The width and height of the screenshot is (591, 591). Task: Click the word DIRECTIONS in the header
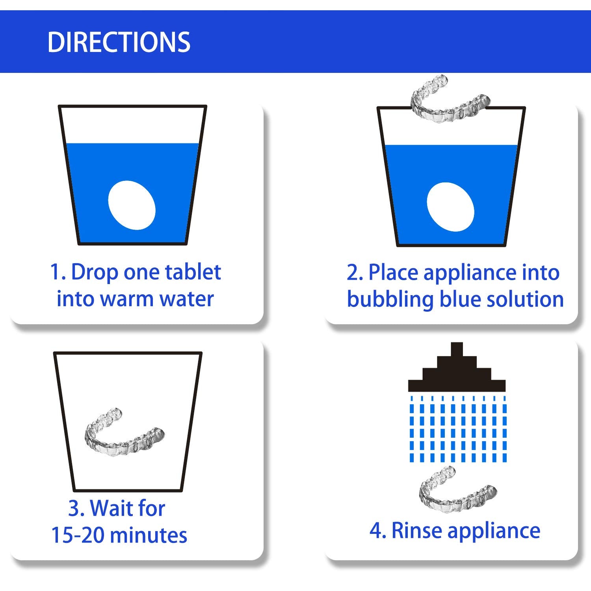(119, 42)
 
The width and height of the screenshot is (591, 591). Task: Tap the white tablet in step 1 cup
(132, 205)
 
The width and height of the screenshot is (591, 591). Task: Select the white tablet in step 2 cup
(450, 206)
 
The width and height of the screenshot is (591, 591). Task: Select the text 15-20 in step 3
(78, 535)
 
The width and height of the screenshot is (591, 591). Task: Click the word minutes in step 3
(149, 535)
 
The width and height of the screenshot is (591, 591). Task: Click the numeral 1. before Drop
(57, 272)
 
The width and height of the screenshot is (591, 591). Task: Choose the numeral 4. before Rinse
(377, 531)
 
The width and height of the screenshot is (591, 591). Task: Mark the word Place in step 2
(393, 273)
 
